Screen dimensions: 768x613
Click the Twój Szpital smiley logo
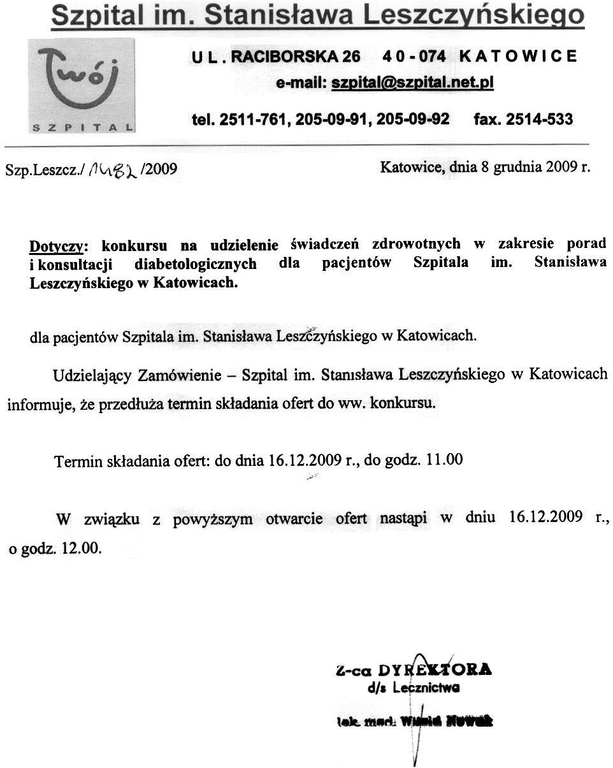point(81,85)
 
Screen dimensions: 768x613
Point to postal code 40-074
point(414,56)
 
